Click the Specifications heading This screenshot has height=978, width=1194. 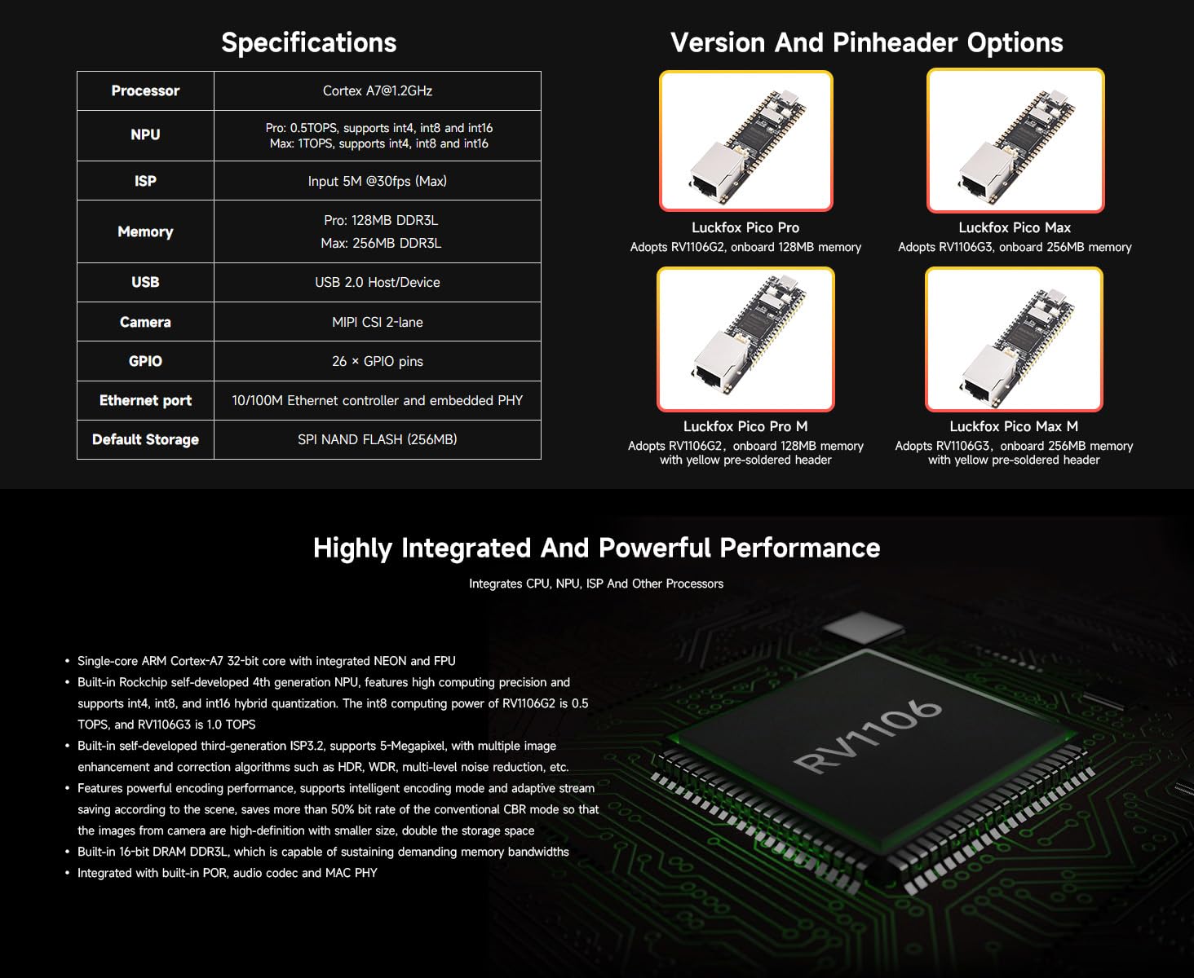tap(308, 42)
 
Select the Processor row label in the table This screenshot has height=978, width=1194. tap(145, 90)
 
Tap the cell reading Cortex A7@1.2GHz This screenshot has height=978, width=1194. tap(377, 90)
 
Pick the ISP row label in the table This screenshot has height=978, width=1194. tap(145, 181)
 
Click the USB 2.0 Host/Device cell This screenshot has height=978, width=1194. tap(377, 282)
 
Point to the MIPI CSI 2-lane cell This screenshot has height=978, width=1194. tap(377, 322)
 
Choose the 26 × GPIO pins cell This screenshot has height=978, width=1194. tap(377, 361)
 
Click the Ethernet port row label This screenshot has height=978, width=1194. tap(145, 400)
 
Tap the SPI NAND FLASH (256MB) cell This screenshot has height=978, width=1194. tap(377, 439)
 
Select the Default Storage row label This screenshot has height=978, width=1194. tap(145, 439)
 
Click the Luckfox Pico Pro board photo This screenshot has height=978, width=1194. tap(745, 141)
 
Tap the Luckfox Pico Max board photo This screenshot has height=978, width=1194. tap(1015, 141)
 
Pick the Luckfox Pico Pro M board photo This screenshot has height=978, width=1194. tap(745, 339)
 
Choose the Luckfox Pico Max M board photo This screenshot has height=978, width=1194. tap(1014, 339)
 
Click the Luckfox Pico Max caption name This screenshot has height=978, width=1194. tap(1015, 227)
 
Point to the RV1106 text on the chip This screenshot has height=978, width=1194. tap(869, 736)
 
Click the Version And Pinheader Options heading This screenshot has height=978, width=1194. tap(866, 42)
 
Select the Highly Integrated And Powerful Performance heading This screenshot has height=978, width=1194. tap(596, 548)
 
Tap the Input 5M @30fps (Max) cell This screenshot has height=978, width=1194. tap(377, 181)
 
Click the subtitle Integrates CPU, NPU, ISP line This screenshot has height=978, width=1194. tap(596, 584)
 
